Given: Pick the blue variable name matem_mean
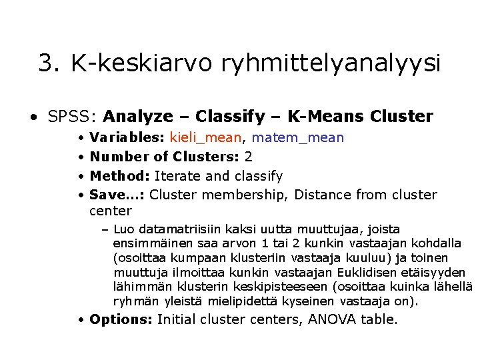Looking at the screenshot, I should pos(298,138).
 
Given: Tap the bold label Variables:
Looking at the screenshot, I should pos(127,138).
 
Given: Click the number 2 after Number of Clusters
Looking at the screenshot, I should pos(249,157).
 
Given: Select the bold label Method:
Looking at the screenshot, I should pos(120,177).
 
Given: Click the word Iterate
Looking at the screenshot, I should pos(176,177).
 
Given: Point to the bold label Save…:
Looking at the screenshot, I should pos(117,195).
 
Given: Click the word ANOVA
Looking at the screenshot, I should pos(329,320).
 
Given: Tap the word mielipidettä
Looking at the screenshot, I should pos(253,301).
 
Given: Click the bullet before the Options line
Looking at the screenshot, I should pos(80,321).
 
